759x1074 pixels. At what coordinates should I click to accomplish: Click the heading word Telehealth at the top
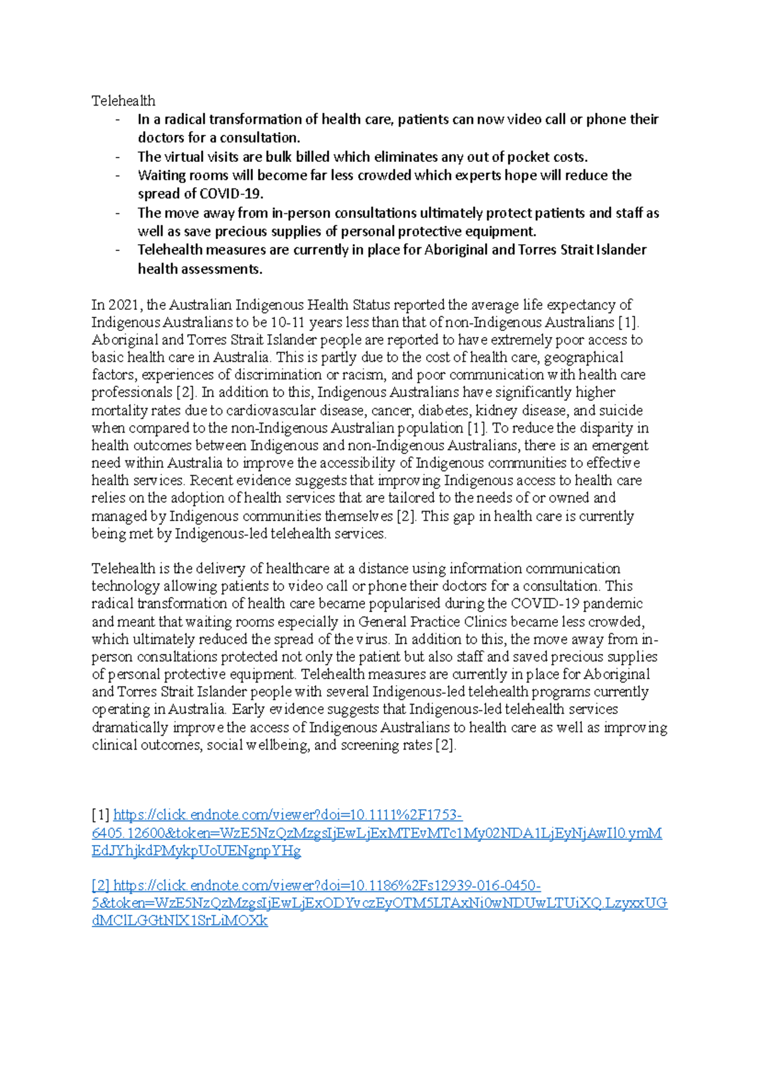(123, 101)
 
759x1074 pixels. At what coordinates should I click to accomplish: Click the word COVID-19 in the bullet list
(230, 194)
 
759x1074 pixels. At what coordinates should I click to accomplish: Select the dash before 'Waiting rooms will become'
(117, 176)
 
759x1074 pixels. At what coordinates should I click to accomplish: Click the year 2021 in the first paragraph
(124, 305)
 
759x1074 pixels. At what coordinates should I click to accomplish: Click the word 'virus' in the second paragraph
(372, 639)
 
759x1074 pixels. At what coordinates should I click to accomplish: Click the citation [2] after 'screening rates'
(446, 745)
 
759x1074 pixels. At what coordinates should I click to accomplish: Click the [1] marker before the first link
(101, 815)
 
